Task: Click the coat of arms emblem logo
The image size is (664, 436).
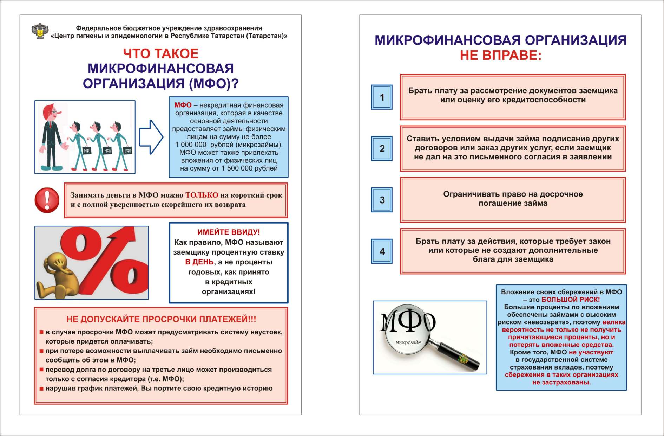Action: (x=40, y=31)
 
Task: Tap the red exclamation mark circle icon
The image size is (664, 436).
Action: (x=47, y=200)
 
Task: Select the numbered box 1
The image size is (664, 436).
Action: (x=382, y=97)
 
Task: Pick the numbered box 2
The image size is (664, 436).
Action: (x=382, y=148)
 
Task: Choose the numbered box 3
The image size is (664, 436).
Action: (x=382, y=200)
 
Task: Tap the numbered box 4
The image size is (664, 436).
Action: (x=382, y=251)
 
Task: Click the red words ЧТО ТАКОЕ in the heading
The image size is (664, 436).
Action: (x=161, y=54)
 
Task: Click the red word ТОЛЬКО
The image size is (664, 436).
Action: (x=202, y=195)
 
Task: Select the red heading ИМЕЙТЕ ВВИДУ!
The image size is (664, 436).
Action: (x=229, y=232)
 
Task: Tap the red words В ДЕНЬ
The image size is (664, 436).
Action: (x=199, y=262)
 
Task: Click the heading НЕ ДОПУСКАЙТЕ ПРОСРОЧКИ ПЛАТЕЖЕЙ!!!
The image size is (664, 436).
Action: (x=161, y=319)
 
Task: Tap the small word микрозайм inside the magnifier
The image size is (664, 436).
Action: (x=408, y=342)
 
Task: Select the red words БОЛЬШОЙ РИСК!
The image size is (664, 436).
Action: (x=571, y=300)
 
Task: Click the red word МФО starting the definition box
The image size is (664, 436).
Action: (x=183, y=105)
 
